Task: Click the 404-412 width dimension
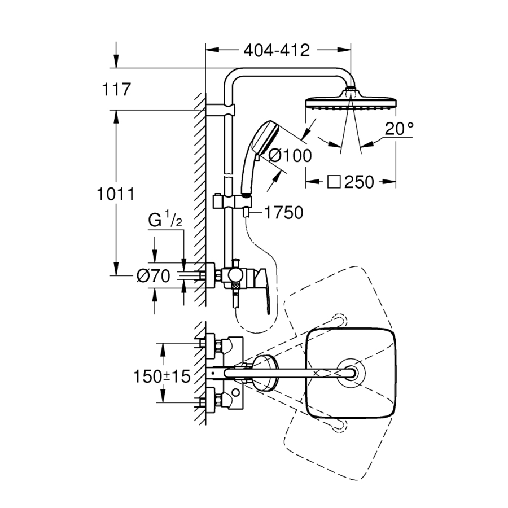point(277,50)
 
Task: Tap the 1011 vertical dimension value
point(115,194)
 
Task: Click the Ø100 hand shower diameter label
point(290,156)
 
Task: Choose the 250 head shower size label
point(358,182)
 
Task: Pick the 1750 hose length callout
point(282,212)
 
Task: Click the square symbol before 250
point(334,182)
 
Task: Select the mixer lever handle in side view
point(264,288)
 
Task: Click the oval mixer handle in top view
point(263,373)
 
